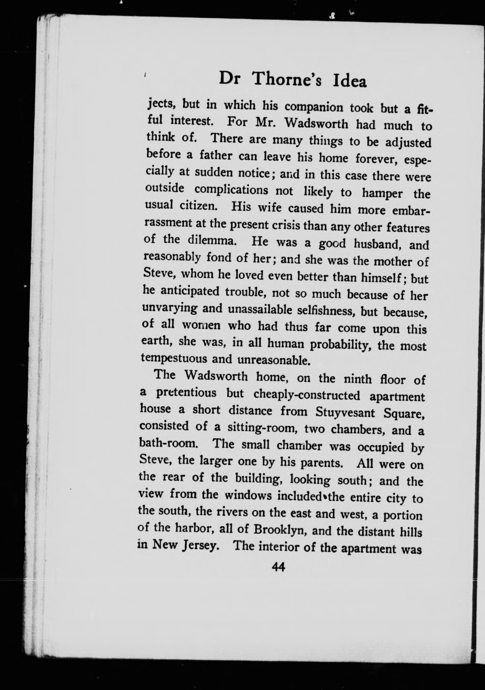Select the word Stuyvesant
[345, 413]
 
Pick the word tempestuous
[174, 359]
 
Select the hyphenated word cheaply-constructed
[306, 396]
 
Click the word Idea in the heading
[349, 82]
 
